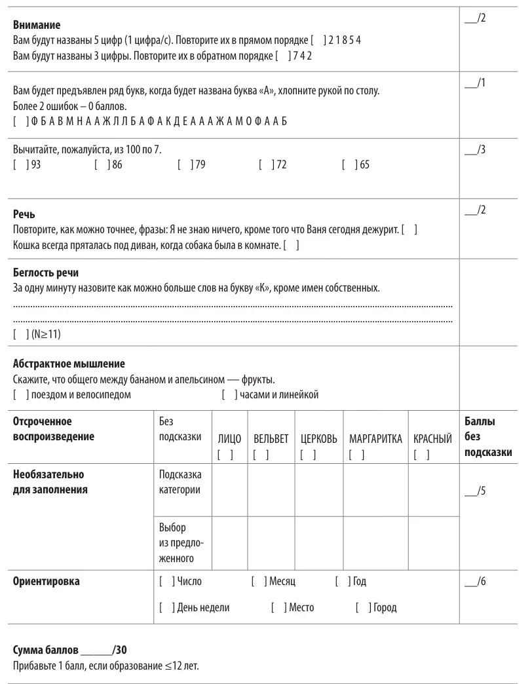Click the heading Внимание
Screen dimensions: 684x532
[x=37, y=25]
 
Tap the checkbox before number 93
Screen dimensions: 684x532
[x=18, y=165]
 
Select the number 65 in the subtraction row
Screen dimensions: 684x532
[x=365, y=165]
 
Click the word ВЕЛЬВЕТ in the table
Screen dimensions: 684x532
[x=271, y=440]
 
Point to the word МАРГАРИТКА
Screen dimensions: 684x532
[x=375, y=440]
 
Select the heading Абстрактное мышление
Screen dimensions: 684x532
[x=69, y=363]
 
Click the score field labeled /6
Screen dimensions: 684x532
[x=474, y=582]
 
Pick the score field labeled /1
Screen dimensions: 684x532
[x=474, y=84]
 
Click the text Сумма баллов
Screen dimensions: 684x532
[x=46, y=650]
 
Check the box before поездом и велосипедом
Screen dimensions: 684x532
[x=18, y=394]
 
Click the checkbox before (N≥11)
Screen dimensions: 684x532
[x=18, y=335]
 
